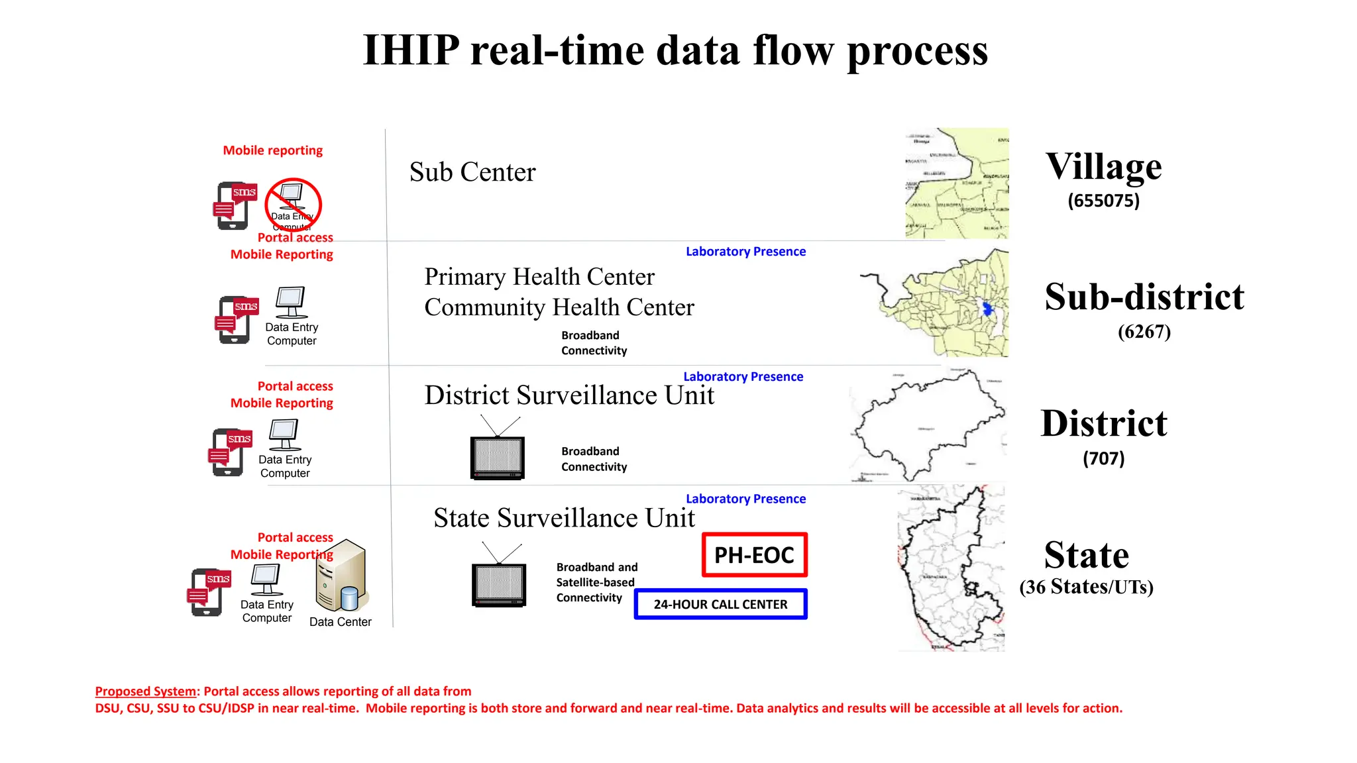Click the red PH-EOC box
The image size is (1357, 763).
[x=754, y=555]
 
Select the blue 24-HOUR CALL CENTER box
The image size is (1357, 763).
[x=720, y=604]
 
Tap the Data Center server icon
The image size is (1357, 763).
[x=342, y=577]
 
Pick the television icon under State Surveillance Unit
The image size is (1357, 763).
[x=499, y=584]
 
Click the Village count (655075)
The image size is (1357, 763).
[x=1103, y=201]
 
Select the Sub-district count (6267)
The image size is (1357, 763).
[x=1144, y=331]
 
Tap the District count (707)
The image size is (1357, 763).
[x=1103, y=458]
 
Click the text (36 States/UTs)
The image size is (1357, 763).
[x=1086, y=587]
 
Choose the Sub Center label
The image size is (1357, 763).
[x=472, y=172]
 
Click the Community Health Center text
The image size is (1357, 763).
[x=559, y=307]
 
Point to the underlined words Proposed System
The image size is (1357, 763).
[x=146, y=691]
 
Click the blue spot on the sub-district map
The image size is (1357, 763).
[x=987, y=308]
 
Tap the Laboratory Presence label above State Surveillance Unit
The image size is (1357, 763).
[x=745, y=499]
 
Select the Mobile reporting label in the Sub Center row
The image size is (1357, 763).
[x=272, y=150]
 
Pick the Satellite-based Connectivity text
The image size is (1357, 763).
[x=595, y=583]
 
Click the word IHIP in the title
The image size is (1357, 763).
[x=411, y=50]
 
